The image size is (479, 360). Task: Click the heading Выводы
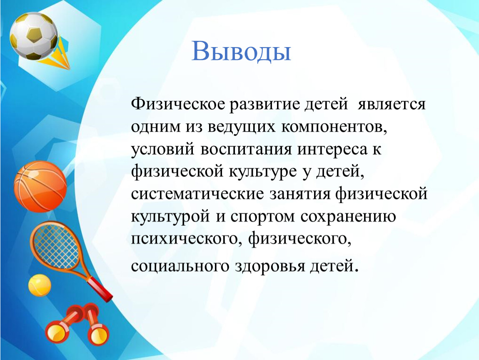pyautogui.click(x=241, y=51)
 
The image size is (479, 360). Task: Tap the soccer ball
pyautogui.click(x=34, y=36)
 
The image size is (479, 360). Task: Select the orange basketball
pyautogui.click(x=40, y=186)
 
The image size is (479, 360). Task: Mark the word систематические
pyautogui.click(x=197, y=194)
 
